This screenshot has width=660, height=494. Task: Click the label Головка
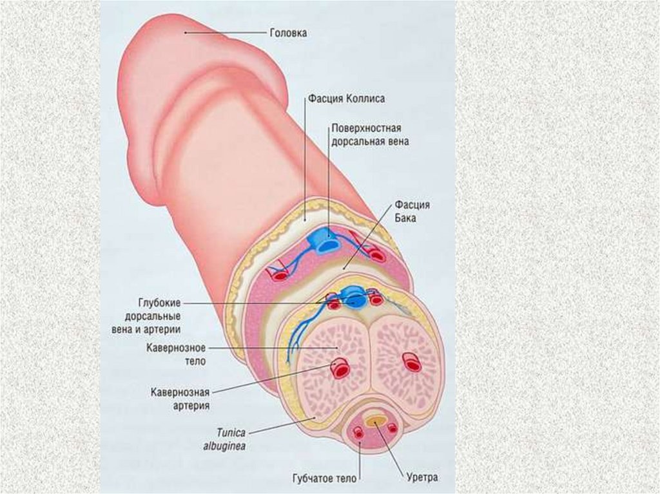click(x=287, y=33)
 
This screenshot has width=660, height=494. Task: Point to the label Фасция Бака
click(x=413, y=211)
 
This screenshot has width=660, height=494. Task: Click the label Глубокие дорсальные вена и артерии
click(x=151, y=316)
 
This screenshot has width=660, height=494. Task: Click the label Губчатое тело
click(x=320, y=478)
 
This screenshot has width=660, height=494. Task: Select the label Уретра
click(x=422, y=478)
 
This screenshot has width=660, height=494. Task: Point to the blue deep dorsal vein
click(x=353, y=297)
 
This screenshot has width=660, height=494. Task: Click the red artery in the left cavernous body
click(x=340, y=369)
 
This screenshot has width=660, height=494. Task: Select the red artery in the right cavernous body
click(x=411, y=363)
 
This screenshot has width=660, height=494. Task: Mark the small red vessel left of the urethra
click(x=358, y=430)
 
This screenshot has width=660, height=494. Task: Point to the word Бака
click(x=407, y=218)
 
